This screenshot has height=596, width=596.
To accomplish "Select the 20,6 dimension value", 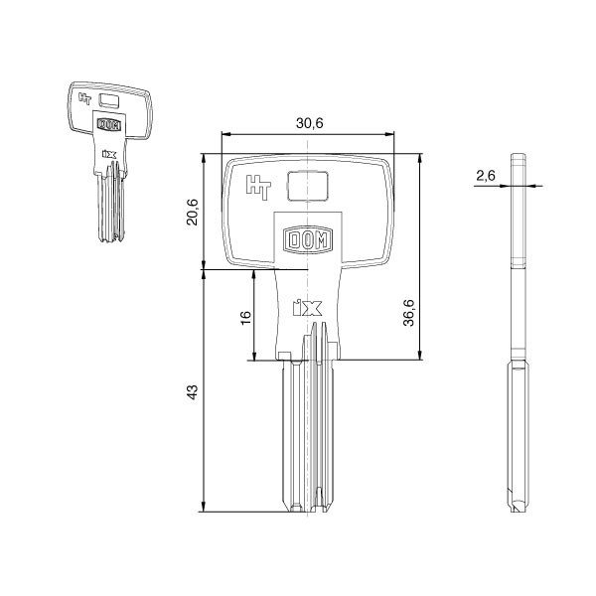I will click(194, 211).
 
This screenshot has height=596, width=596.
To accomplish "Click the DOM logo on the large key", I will click(307, 239).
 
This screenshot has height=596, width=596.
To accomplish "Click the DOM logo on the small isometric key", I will click(108, 125).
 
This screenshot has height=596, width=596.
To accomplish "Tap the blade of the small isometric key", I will click(110, 209).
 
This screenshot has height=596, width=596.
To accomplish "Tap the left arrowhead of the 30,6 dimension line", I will click(224, 134).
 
